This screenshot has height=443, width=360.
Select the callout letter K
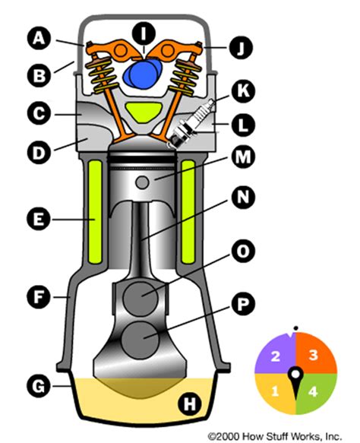pyautogui.click(x=245, y=90)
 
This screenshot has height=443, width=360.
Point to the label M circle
pyautogui.click(x=245, y=157)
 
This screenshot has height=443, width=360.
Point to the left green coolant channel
pyautogui.click(x=94, y=211)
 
